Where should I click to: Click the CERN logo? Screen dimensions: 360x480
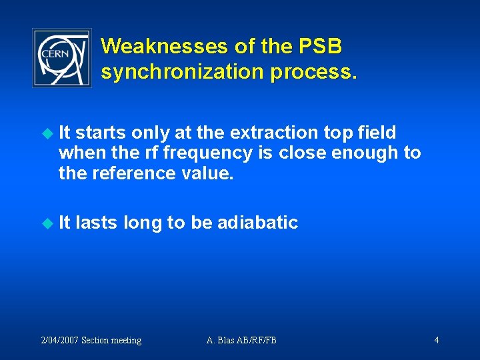[x=62, y=58]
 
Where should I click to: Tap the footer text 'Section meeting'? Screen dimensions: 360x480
[x=111, y=341]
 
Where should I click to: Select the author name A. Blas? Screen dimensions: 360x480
[x=221, y=341]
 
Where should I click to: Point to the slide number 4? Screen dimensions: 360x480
[x=436, y=341]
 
